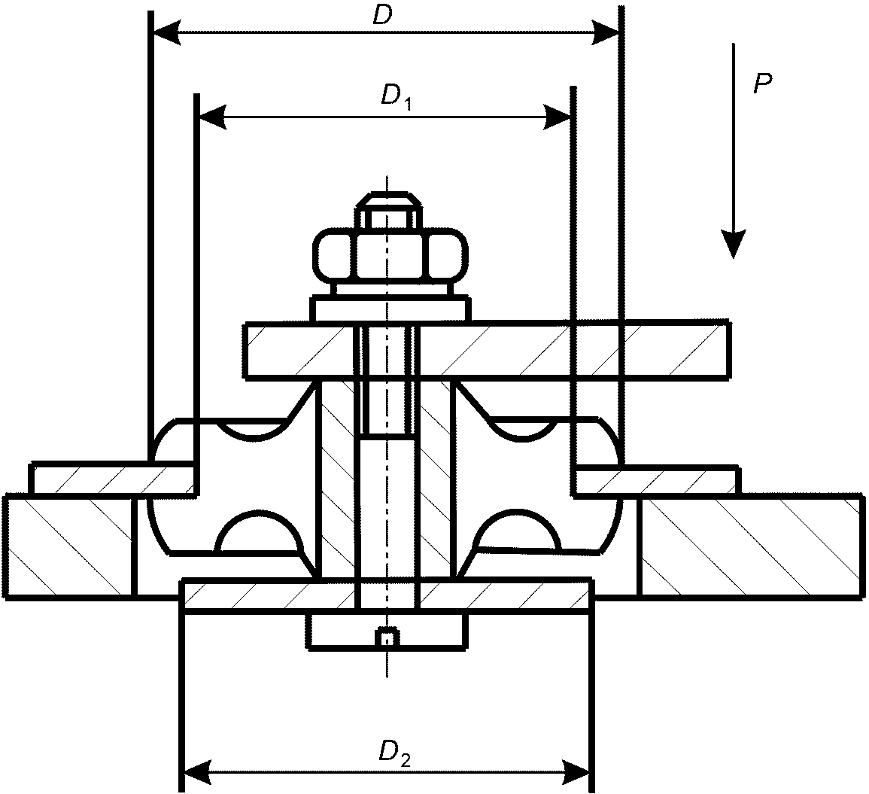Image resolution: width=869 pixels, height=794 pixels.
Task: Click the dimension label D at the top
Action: click(382, 16)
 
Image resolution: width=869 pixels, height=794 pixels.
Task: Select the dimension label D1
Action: click(396, 96)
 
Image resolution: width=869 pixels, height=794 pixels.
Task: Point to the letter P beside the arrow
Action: click(763, 84)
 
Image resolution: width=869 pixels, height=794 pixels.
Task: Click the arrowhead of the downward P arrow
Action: click(734, 244)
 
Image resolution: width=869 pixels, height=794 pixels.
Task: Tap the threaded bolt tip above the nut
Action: click(388, 211)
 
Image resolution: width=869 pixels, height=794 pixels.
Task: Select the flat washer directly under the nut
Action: click(390, 309)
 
